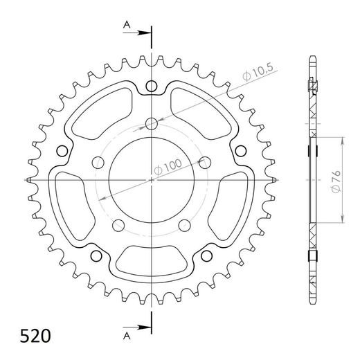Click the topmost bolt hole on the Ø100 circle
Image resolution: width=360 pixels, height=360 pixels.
pos(152,125)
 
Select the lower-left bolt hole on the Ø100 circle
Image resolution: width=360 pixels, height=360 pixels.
pos(118,224)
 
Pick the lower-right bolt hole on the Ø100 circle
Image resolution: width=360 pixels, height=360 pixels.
pos(184,224)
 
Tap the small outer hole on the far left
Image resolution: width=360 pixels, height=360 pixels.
pos(61,151)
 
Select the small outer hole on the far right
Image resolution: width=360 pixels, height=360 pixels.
pos(242,151)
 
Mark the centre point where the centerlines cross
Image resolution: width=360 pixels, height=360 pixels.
pos(152,180)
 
